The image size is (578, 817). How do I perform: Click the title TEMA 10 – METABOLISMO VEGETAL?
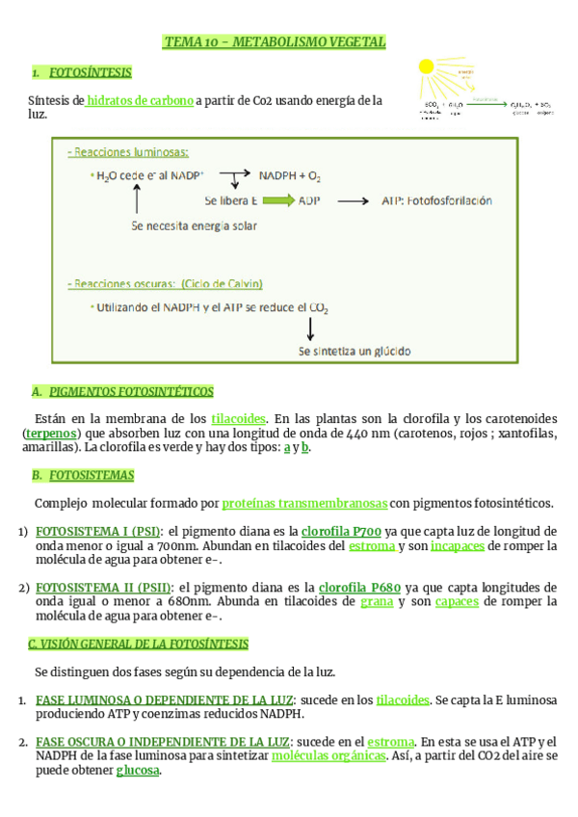click(275, 42)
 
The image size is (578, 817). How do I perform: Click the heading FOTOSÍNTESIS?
click(90, 73)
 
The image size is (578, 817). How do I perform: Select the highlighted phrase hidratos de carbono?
click(141, 100)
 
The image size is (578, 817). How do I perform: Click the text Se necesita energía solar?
click(194, 226)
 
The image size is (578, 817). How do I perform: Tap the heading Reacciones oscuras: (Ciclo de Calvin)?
click(165, 284)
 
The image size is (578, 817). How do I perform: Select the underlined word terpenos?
click(52, 434)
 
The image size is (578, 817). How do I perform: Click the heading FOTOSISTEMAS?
click(92, 475)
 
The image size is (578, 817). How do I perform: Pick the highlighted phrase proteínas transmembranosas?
click(304, 503)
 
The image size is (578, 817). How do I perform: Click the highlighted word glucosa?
click(138, 771)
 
